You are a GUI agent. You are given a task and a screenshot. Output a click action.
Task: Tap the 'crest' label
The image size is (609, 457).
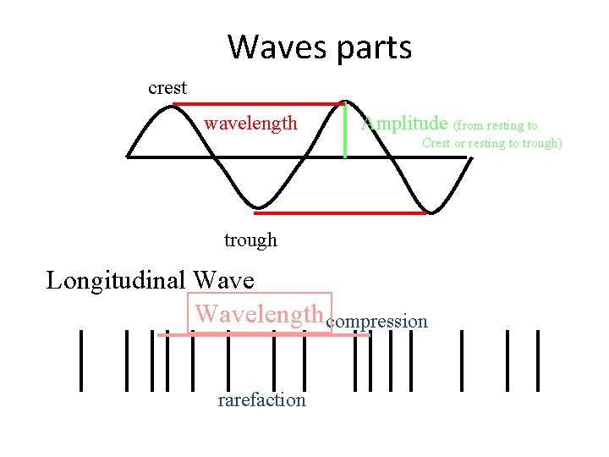[167, 88]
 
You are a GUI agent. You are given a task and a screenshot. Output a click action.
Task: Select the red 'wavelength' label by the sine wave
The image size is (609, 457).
[250, 124]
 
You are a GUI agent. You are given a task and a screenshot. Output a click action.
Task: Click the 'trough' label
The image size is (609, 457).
[250, 240]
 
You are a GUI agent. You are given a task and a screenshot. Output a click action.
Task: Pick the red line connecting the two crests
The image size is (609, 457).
[258, 104]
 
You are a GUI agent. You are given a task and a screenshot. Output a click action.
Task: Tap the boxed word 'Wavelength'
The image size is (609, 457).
[260, 314]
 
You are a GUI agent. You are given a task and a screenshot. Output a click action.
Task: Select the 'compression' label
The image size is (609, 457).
[377, 322]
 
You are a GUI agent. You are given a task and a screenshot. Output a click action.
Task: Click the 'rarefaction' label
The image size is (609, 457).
[261, 399]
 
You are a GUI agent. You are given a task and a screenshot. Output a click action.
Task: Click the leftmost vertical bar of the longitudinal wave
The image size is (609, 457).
[81, 360]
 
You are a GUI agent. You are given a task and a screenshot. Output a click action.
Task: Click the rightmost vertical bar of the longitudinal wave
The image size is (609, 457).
[538, 360]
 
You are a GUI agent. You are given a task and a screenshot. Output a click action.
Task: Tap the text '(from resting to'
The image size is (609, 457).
[496, 125]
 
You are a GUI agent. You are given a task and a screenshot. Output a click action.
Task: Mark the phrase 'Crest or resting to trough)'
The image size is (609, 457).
[491, 143]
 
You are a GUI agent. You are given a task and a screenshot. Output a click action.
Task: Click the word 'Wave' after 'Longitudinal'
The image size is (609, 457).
[223, 279]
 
